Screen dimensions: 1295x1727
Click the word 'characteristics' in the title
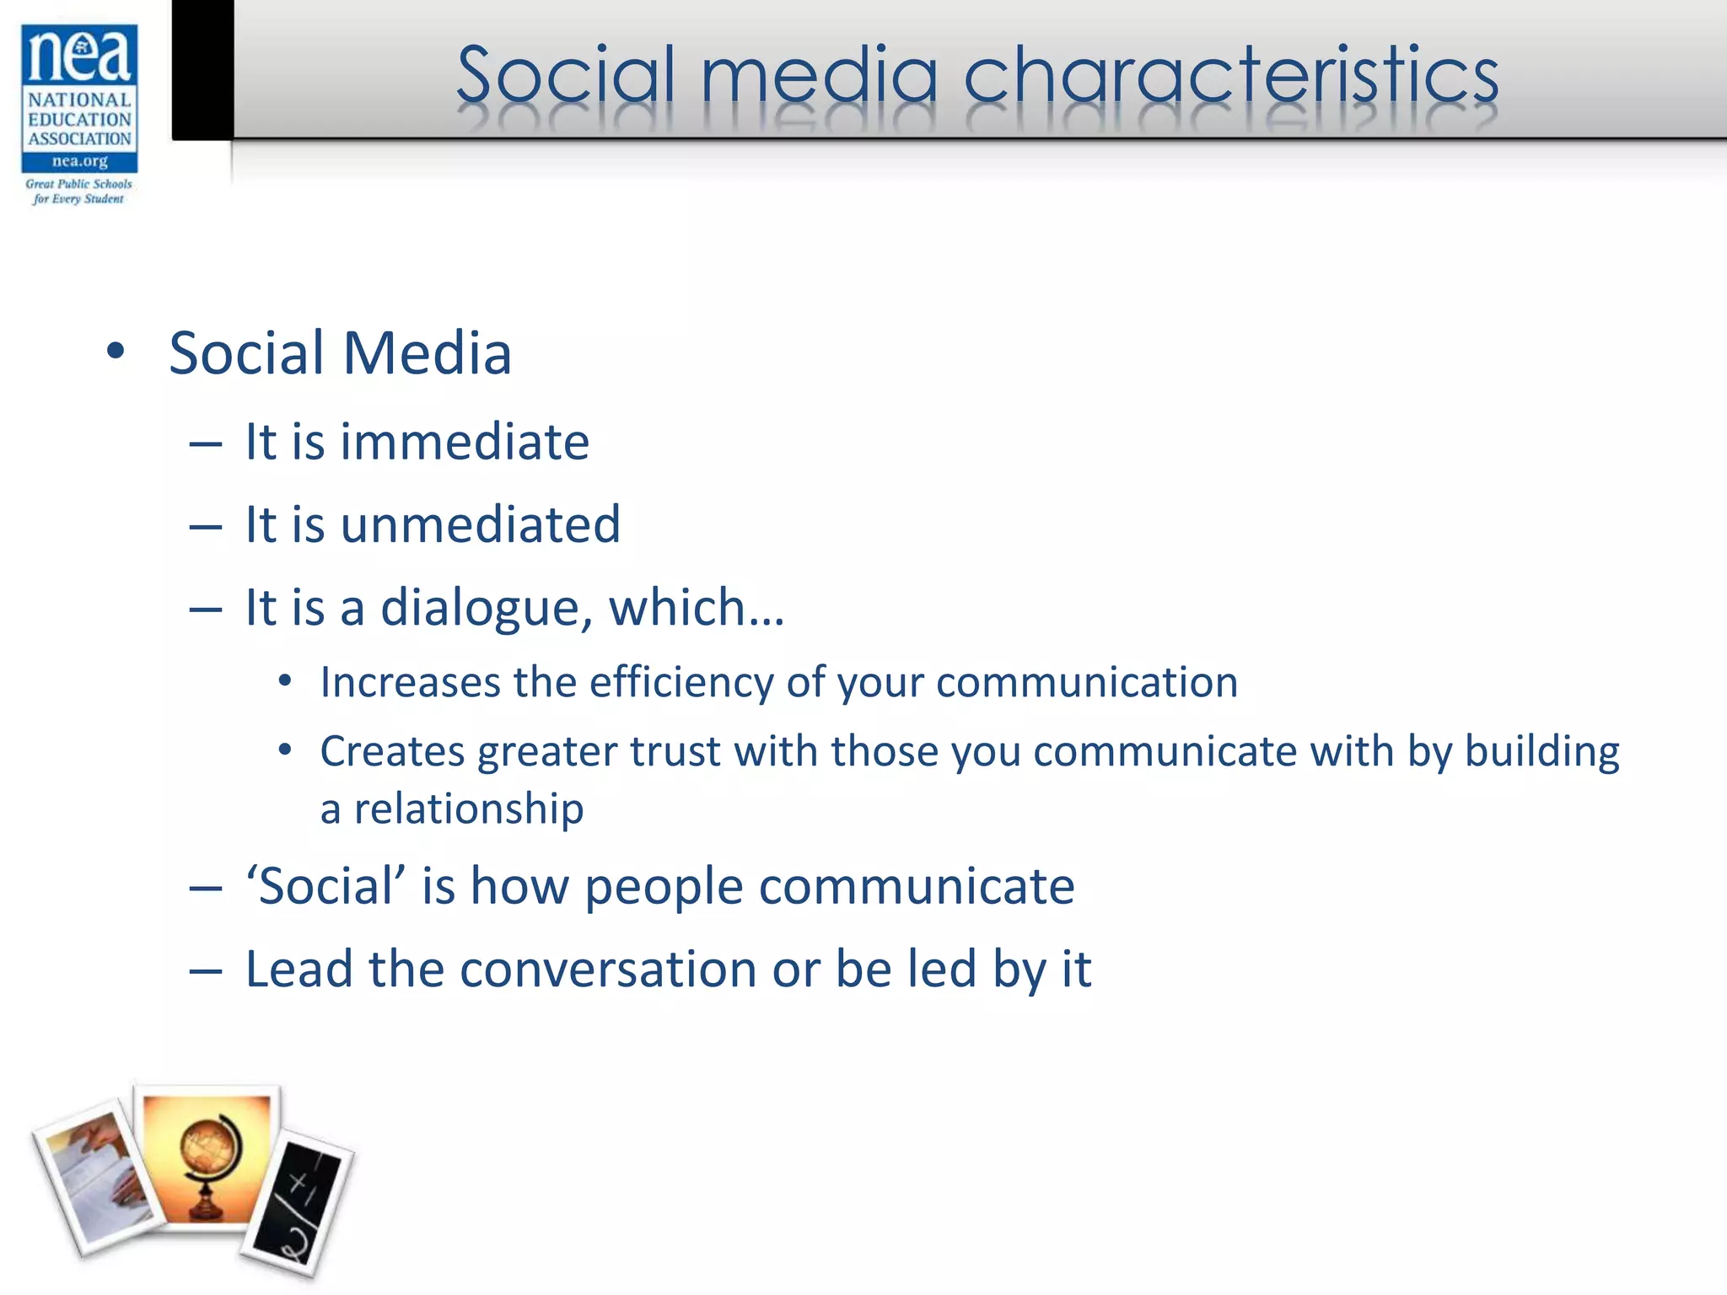(x=1230, y=76)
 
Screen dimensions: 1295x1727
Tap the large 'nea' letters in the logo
(x=79, y=54)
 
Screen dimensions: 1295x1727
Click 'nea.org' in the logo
(x=79, y=161)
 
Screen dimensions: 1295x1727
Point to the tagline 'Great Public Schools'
(x=78, y=184)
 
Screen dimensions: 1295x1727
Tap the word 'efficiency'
(x=681, y=682)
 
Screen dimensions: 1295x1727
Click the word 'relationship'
(x=468, y=809)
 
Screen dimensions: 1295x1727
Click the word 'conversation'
(x=608, y=969)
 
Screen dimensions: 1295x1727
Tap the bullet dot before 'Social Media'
(x=116, y=352)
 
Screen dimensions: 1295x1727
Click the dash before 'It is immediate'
(x=205, y=443)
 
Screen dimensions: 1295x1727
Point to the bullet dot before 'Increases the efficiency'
(x=285, y=680)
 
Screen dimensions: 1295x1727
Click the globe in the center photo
(x=207, y=1155)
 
